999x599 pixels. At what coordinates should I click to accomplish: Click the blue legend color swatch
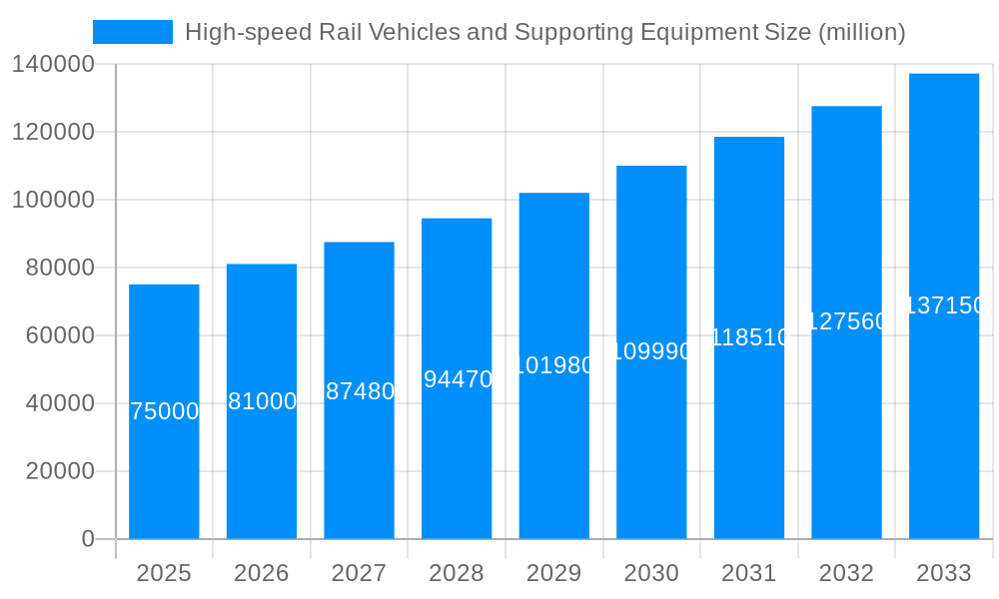(133, 32)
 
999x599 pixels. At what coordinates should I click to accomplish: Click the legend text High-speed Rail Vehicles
(544, 32)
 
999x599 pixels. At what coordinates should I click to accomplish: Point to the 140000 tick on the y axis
(54, 64)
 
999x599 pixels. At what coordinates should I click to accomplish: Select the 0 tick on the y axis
(88, 539)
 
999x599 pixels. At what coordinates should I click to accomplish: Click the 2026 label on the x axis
(262, 573)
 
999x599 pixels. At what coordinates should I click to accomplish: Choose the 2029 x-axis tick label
(554, 573)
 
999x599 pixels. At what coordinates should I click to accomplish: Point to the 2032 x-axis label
(846, 573)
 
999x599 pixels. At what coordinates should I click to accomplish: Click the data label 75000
(165, 411)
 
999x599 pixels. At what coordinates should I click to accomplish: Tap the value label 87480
(360, 391)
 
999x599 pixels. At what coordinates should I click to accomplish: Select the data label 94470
(458, 379)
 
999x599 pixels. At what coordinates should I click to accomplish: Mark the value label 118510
(749, 337)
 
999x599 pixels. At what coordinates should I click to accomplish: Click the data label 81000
(262, 401)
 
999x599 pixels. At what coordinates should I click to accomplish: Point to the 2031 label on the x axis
(749, 573)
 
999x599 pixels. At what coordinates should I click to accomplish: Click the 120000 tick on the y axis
(54, 132)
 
